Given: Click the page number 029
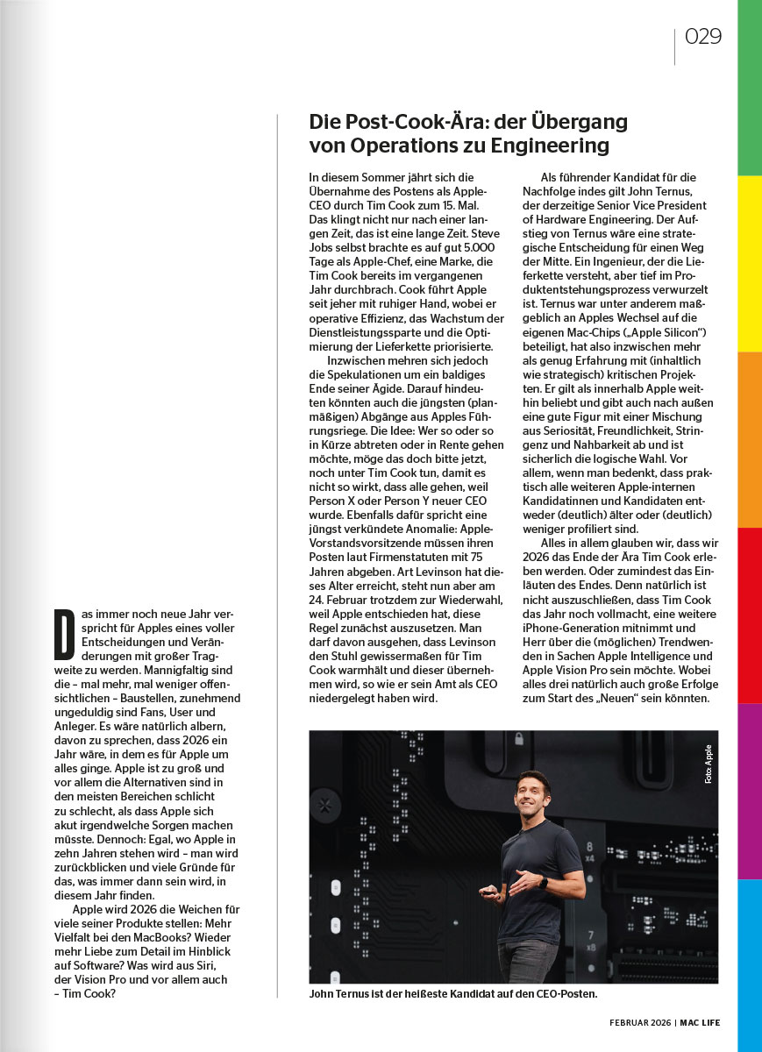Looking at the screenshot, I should click(703, 36).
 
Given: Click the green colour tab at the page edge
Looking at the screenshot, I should click(750, 88).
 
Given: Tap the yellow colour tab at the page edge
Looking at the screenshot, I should click(750, 263).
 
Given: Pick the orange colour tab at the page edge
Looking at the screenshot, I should click(750, 438).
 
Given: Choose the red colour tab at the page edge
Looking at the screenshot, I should click(750, 614).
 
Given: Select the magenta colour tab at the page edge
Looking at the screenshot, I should click(750, 789).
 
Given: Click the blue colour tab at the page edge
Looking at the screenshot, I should click(750, 964).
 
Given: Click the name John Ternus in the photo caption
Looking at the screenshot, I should click(345, 994).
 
